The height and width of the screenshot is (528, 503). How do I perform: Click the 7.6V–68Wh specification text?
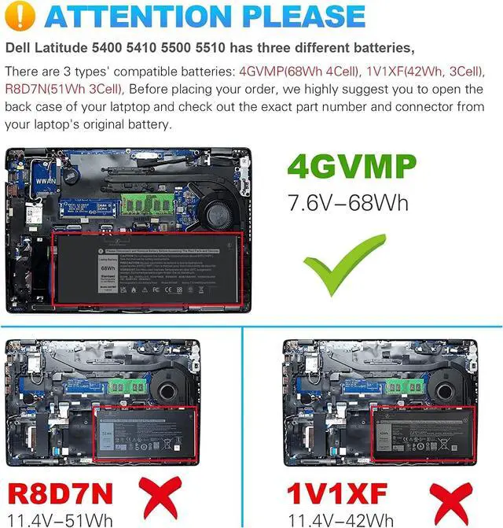[x=349, y=202]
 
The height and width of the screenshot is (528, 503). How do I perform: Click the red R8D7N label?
[x=61, y=494]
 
